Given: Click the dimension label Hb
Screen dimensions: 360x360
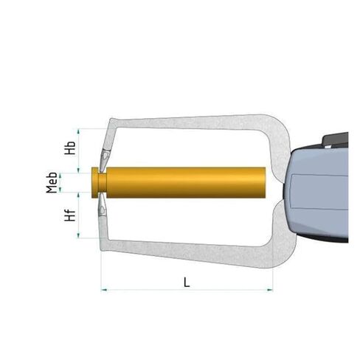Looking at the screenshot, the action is [70, 148].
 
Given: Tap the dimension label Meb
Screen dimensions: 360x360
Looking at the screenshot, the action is [52, 182].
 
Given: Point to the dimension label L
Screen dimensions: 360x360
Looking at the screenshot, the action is [187, 283].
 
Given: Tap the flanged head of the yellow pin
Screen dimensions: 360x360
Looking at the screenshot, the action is [94, 182].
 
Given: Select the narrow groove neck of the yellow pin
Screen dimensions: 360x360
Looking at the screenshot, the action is [103, 182].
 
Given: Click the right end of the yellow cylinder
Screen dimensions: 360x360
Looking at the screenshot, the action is [266, 182].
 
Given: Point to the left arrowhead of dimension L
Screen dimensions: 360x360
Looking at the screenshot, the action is [104, 290].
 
